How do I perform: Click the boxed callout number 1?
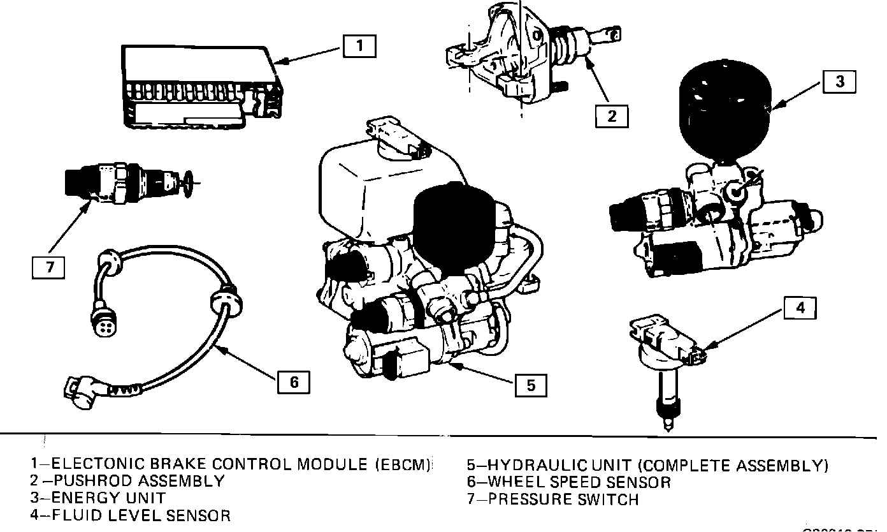point(359,46)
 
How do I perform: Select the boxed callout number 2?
point(612,115)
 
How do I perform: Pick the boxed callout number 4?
point(800,308)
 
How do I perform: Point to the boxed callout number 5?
point(531,385)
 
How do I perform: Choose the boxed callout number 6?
point(294,381)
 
